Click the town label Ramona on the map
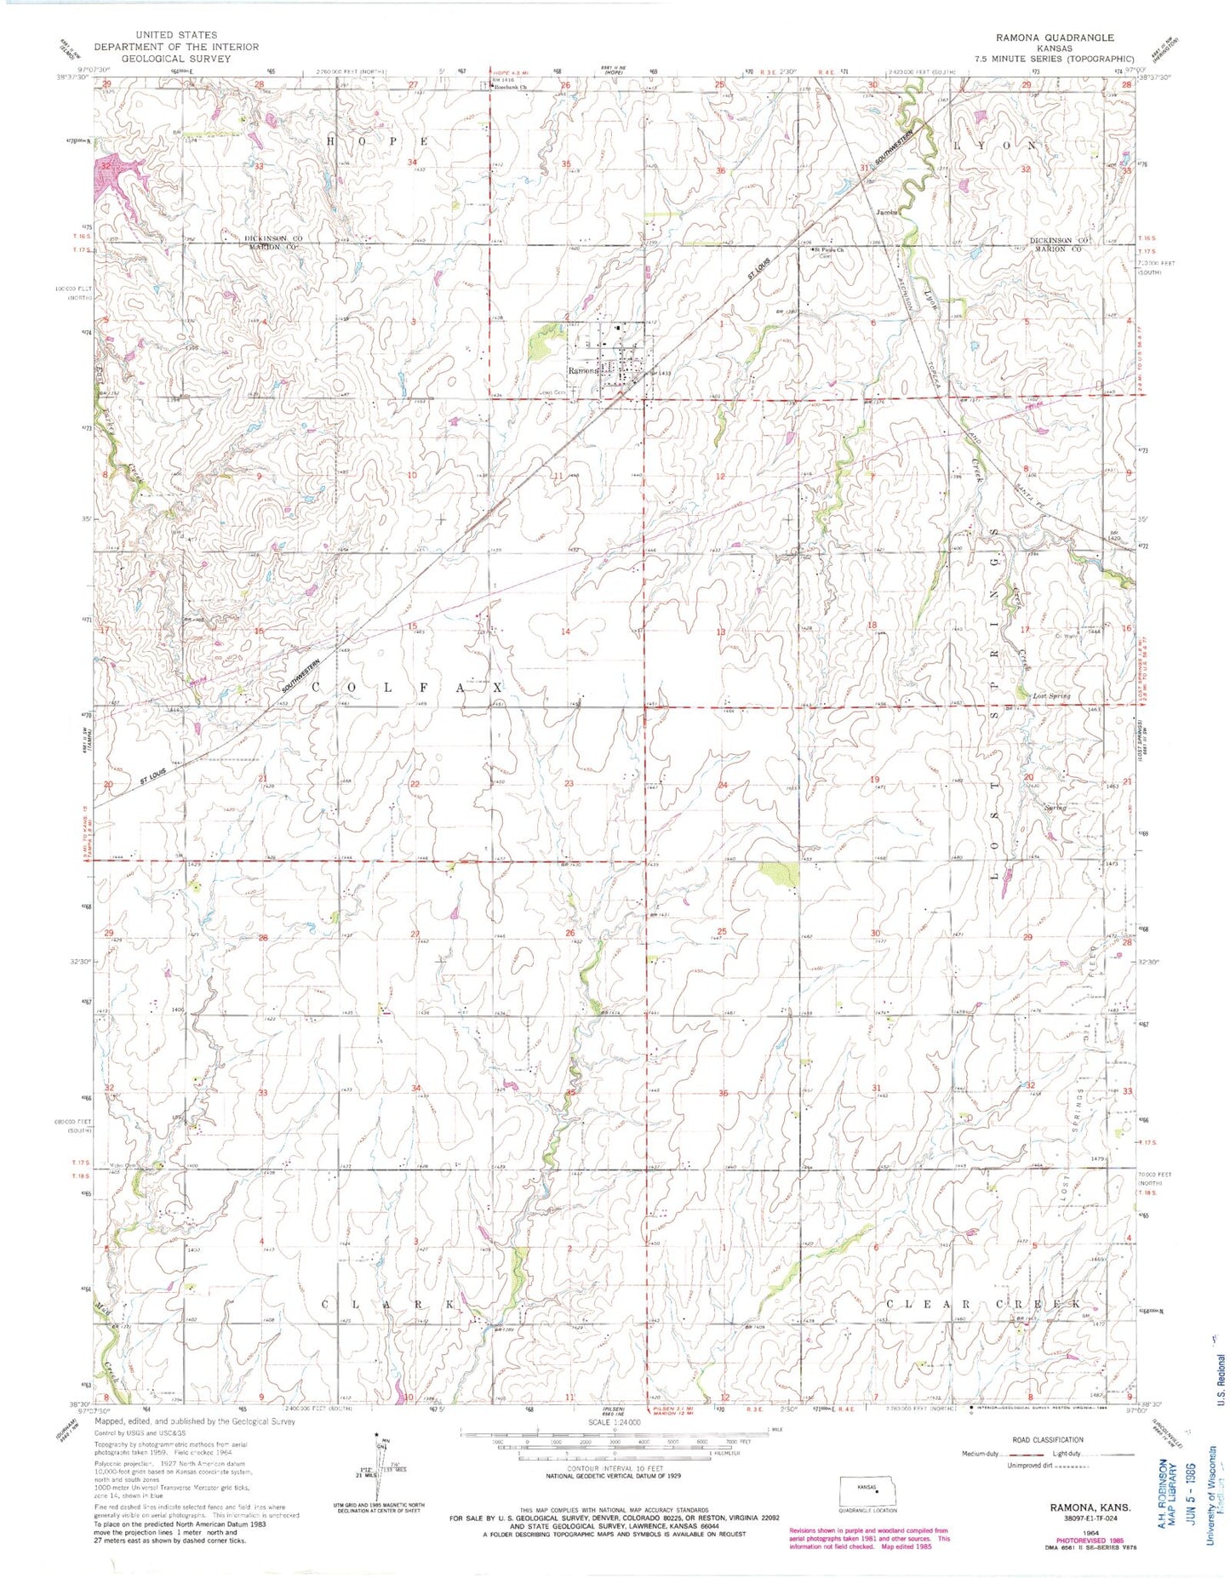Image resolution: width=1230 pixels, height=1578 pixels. (584, 371)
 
